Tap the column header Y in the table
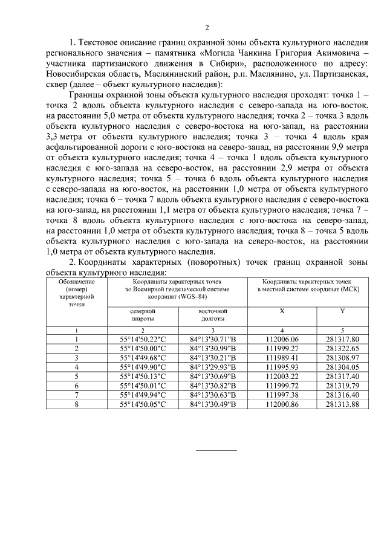[x=342, y=311]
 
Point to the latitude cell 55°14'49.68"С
[x=143, y=358]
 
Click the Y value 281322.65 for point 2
[x=342, y=349]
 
